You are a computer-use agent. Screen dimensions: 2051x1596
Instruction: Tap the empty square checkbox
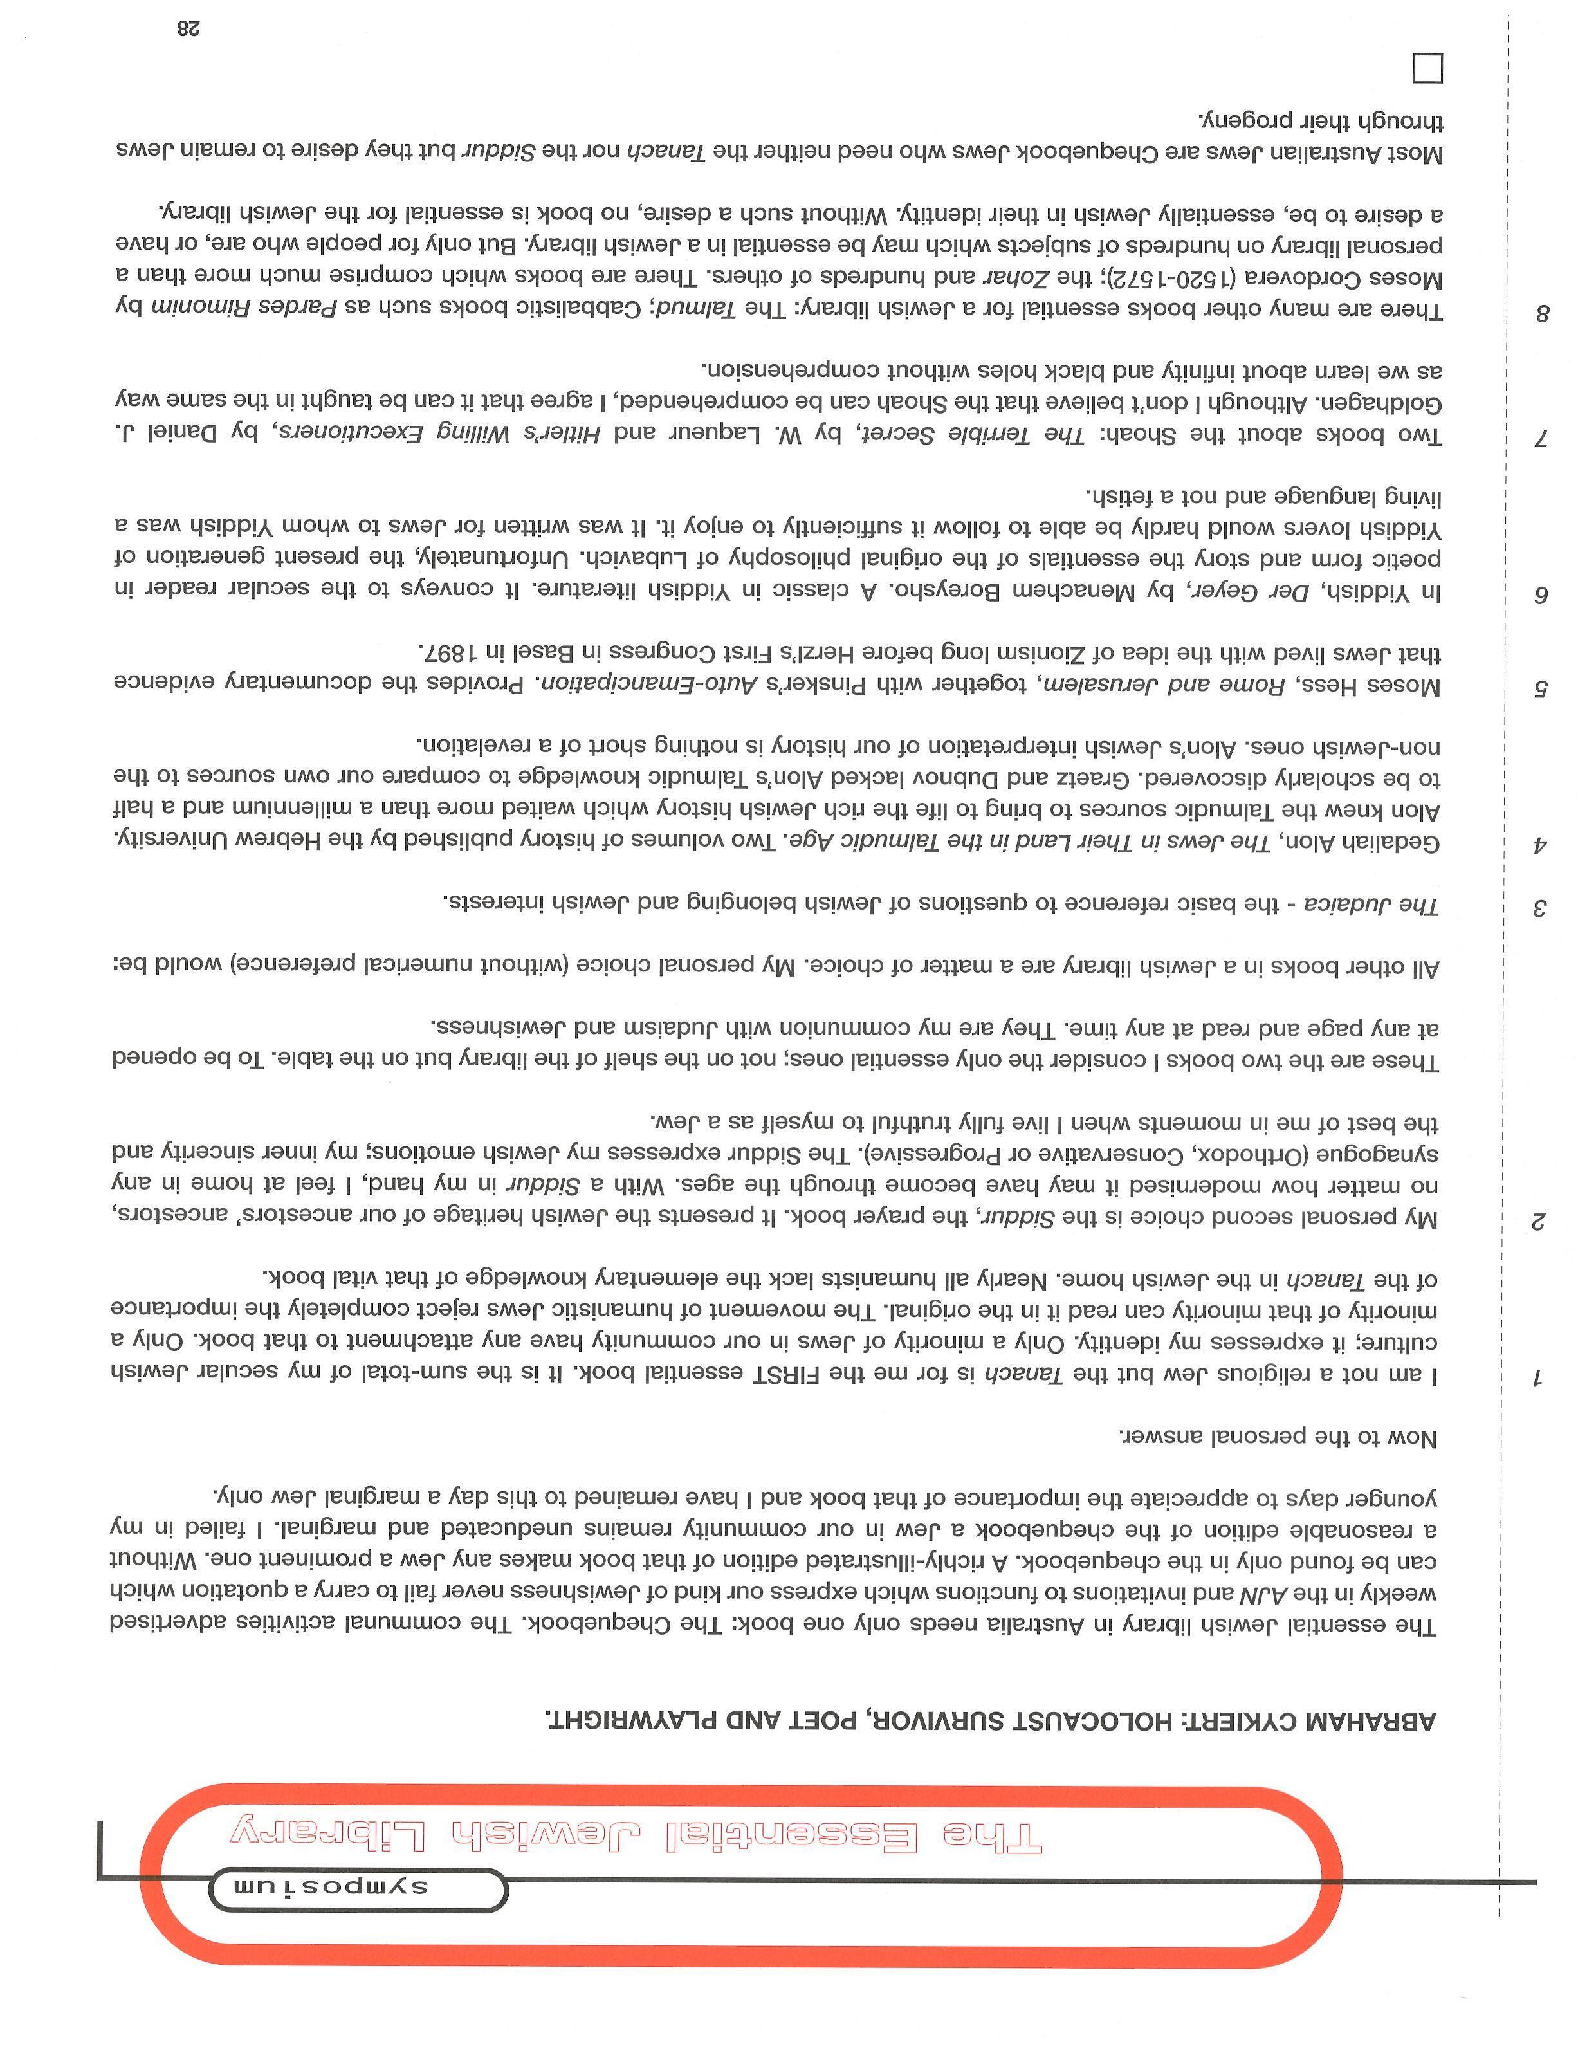[1427, 69]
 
